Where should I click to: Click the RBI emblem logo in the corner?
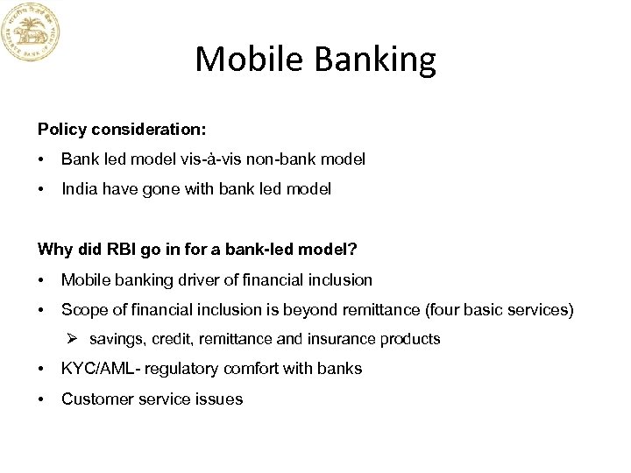click(32, 32)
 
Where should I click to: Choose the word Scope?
click(82, 309)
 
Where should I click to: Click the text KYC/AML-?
click(102, 369)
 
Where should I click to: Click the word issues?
click(220, 399)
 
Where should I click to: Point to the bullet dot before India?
click(41, 189)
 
